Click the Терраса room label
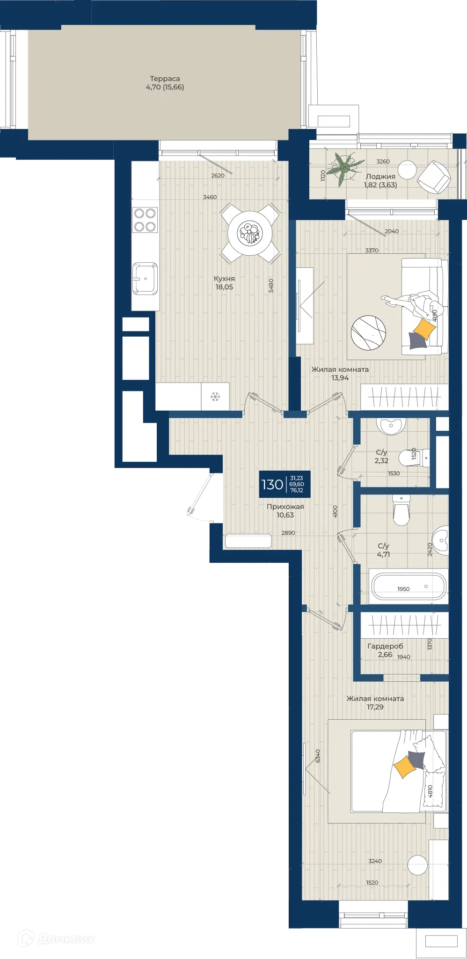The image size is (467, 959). (x=165, y=79)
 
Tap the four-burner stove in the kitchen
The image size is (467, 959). (x=145, y=220)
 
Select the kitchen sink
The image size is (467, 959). (x=145, y=279)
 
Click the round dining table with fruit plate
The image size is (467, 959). (x=250, y=233)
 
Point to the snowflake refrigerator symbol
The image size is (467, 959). (x=215, y=397)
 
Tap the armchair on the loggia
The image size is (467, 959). (x=434, y=177)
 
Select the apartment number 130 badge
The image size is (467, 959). (x=285, y=484)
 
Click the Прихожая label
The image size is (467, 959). (x=285, y=507)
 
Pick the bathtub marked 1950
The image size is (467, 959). (x=408, y=586)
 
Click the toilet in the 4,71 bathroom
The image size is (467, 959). (x=401, y=510)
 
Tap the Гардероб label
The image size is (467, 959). (x=385, y=646)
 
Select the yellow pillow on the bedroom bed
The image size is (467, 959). (x=405, y=767)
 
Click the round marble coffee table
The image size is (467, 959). (x=369, y=332)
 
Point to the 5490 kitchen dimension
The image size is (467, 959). (x=271, y=286)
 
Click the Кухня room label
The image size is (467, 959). (x=224, y=279)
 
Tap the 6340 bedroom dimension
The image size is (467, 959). (x=318, y=756)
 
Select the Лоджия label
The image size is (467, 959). (x=380, y=177)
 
